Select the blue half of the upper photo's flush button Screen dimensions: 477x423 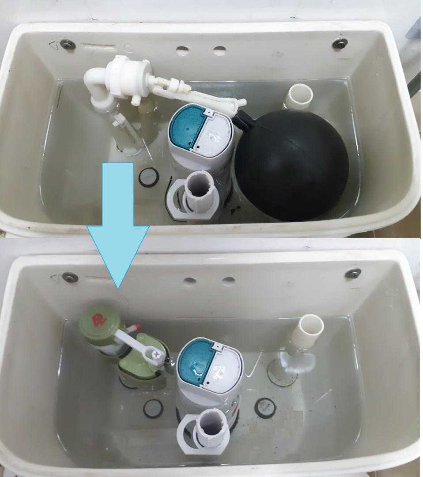click(184, 128)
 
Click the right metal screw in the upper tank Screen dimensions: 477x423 click(340, 43)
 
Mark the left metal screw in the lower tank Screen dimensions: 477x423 click(70, 277)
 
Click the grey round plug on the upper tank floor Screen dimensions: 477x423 click(148, 177)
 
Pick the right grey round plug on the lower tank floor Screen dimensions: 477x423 click(266, 406)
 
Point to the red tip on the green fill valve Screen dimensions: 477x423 click(136, 327)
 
